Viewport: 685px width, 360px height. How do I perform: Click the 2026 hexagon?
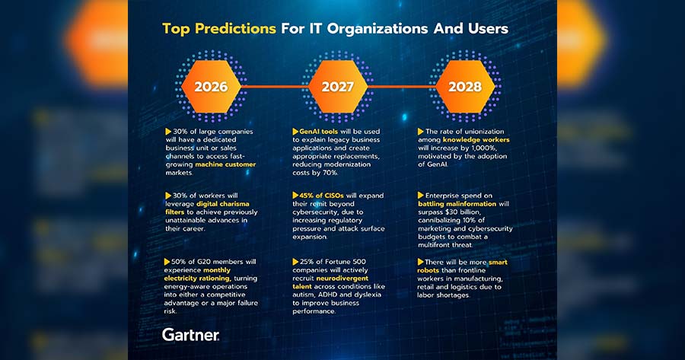211,87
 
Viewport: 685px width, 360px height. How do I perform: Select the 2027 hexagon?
338,87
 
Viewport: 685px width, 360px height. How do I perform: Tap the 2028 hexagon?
465,87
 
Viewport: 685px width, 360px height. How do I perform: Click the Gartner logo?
190,335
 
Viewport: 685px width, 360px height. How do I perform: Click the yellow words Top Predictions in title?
219,29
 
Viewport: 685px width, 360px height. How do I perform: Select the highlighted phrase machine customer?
225,164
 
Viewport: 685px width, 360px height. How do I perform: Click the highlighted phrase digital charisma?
223,204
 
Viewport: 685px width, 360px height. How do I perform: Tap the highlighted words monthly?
217,270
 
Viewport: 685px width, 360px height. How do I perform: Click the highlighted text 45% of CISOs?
321,196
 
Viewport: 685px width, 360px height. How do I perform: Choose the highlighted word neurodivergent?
342,279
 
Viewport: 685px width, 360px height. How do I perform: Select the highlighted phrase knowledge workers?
476,140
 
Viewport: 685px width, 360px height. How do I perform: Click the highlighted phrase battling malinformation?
457,204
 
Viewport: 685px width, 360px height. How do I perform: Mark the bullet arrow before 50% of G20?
167,262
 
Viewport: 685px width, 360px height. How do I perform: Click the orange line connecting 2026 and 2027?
274,87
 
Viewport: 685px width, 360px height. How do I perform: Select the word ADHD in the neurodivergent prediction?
329,295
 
